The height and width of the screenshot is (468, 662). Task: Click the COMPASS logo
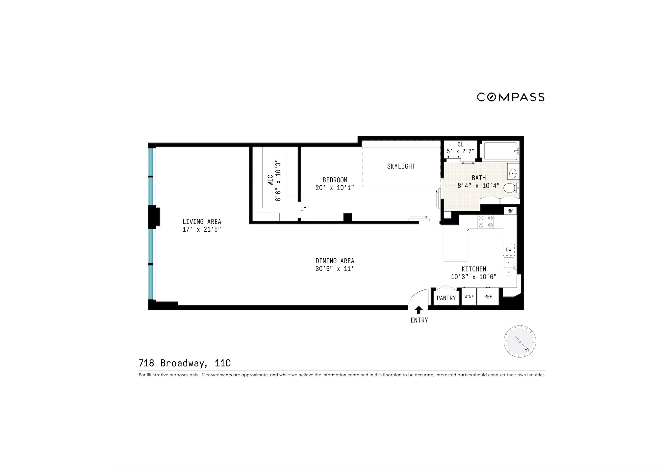point(511,97)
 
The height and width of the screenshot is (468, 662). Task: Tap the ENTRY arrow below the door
point(419,310)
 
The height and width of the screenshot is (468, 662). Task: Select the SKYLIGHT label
point(401,167)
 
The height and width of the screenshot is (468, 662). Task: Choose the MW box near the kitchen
point(510,211)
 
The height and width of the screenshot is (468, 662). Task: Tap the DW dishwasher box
point(509,250)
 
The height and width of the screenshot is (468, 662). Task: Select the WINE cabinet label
point(469,297)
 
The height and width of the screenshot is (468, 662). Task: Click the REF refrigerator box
point(488,297)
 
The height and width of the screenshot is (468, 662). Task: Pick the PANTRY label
point(446,298)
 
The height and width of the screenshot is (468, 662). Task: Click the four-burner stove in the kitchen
point(486,221)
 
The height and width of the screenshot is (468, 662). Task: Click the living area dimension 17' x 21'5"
point(201,230)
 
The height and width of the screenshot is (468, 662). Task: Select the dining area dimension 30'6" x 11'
point(335,269)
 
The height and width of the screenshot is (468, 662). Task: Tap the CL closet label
point(460,144)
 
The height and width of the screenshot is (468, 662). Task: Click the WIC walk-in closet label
point(270,180)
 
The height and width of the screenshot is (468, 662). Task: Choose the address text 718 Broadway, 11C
point(185,363)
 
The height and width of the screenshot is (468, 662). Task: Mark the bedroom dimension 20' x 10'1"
point(335,188)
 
